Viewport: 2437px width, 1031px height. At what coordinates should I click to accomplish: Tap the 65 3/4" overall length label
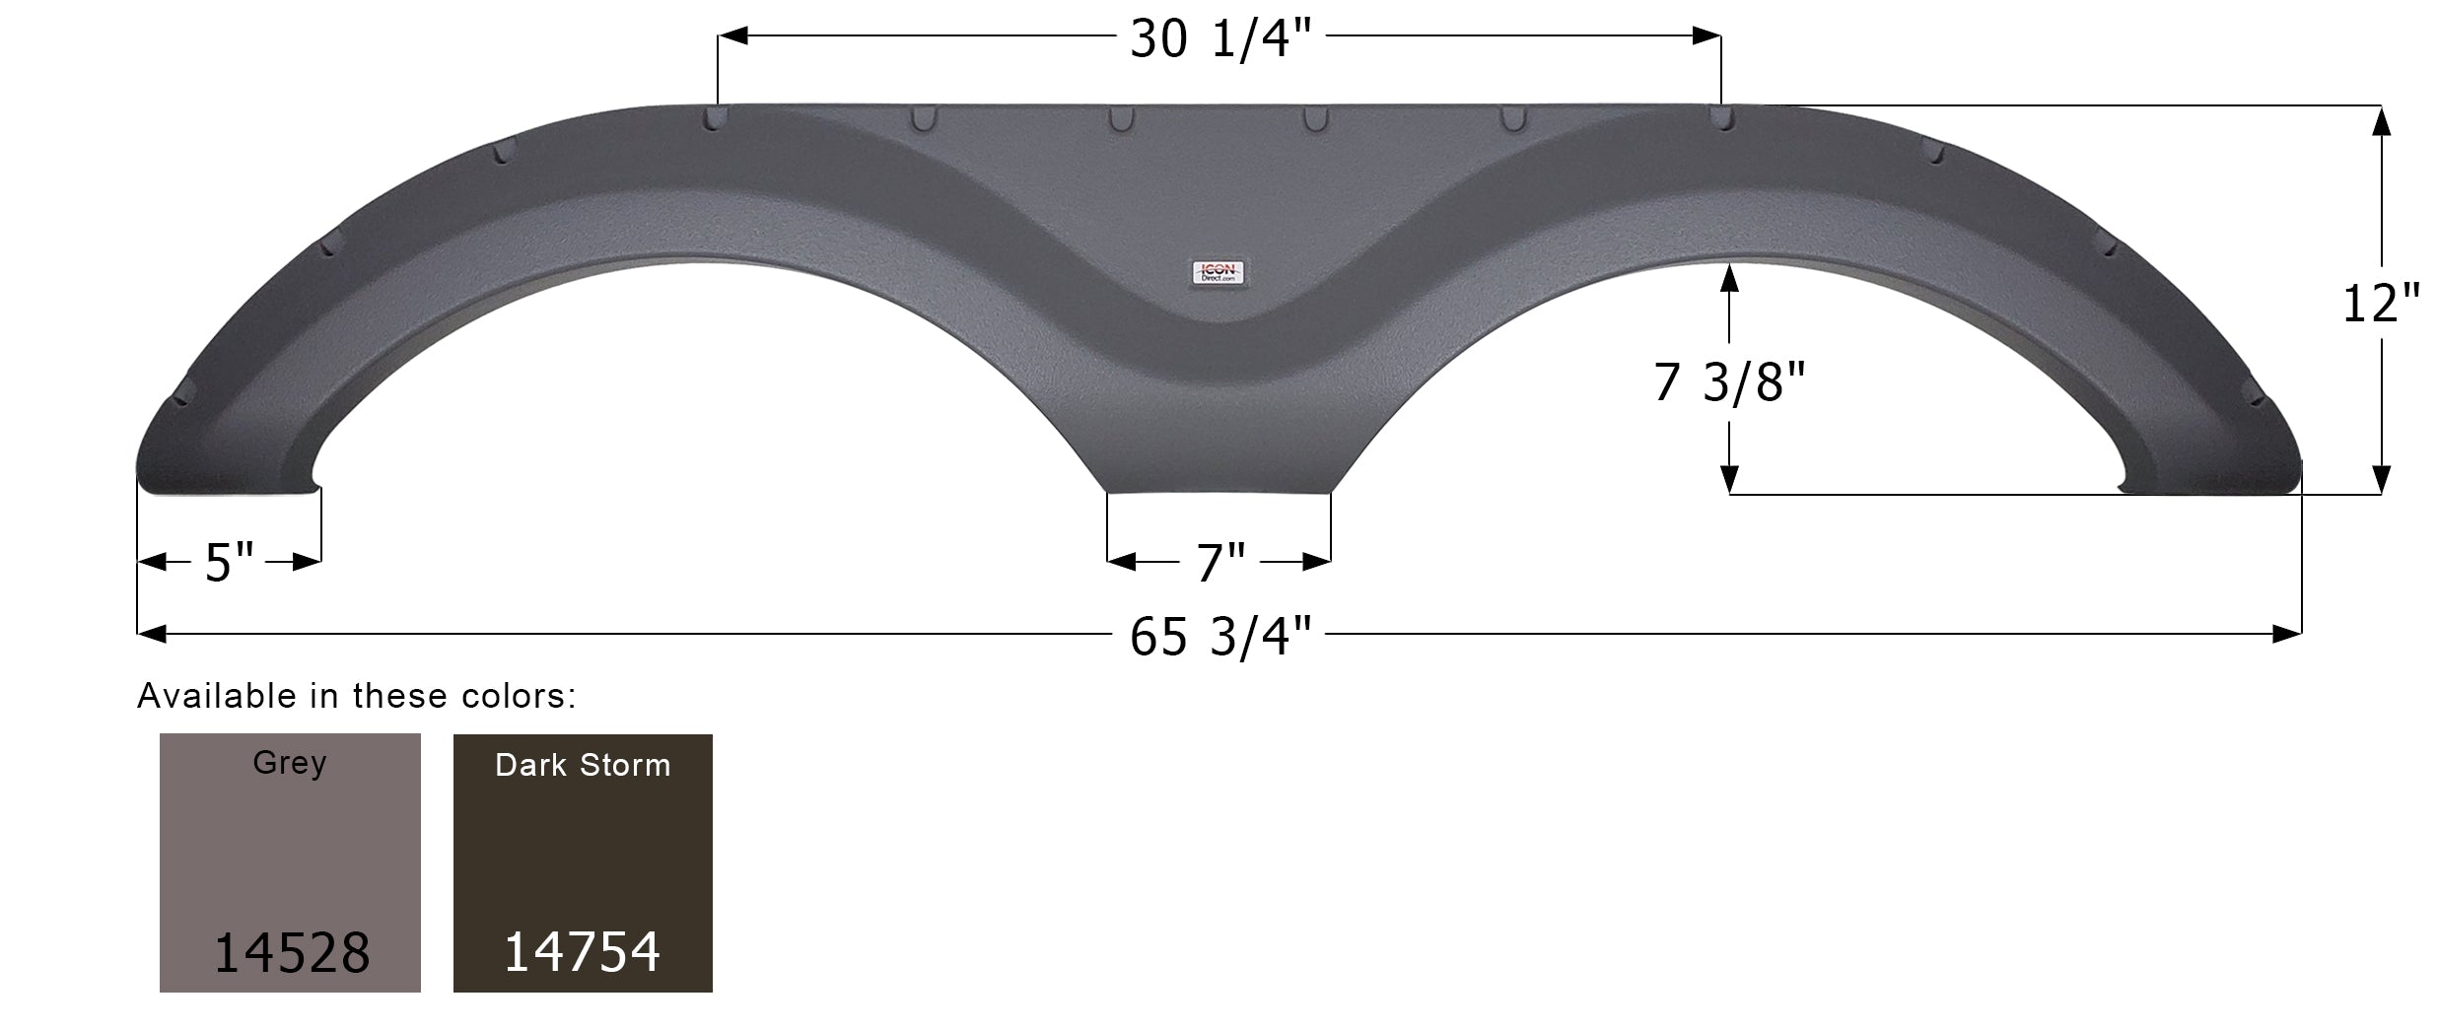coord(1220,637)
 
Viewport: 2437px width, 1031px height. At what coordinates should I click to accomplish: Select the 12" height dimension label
coord(2381,303)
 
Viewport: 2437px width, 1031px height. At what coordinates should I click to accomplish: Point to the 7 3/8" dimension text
coord(1729,382)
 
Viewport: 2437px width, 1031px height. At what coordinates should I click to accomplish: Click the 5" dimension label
coord(229,563)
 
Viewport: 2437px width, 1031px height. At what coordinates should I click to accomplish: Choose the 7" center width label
coord(1220,563)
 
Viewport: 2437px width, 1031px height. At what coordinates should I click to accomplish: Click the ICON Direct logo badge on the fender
coord(1218,274)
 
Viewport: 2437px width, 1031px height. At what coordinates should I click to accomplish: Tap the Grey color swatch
coord(290,862)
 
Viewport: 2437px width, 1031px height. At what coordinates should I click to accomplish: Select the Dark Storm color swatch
coord(583,862)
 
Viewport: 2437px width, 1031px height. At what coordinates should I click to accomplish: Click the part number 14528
coord(292,953)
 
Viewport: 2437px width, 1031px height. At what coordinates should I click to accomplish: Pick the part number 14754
coord(582,952)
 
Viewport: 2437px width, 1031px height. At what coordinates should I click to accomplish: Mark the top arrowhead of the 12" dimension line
coord(2381,120)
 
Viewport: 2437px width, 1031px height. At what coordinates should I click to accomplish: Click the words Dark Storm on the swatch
coord(583,766)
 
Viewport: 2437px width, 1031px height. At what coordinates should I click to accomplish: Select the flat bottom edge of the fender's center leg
coord(1218,492)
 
